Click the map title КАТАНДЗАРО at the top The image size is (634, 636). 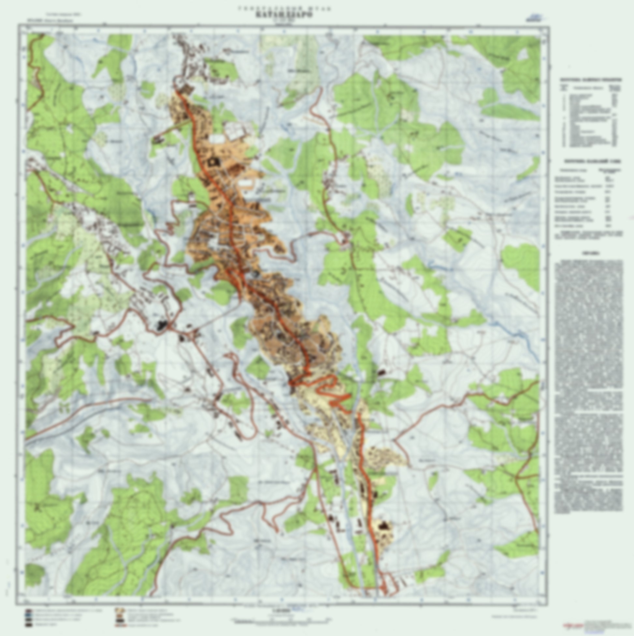[283, 15]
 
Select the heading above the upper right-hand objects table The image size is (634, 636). [591, 79]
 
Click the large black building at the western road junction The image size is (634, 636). [162, 325]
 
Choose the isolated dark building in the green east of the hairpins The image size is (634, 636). [381, 372]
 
